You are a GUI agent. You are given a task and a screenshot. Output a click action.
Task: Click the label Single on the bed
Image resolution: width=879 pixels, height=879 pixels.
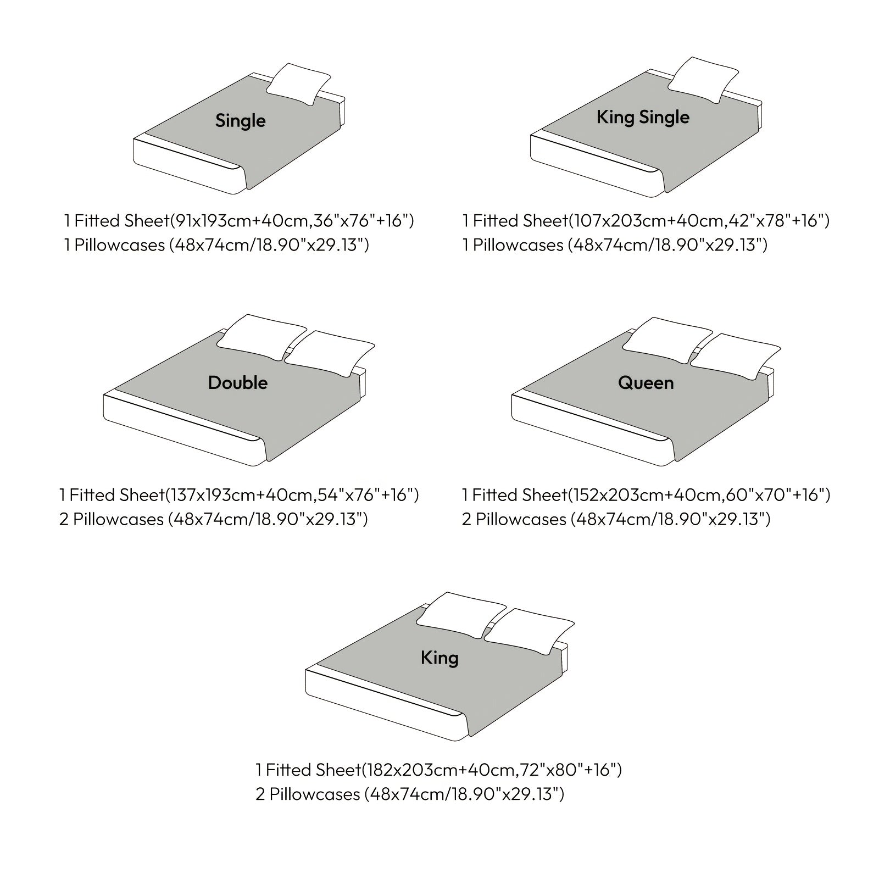240,120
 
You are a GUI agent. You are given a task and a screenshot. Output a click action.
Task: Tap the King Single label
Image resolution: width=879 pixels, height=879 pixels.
643,117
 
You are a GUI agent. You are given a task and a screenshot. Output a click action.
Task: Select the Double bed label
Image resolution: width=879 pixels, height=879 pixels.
238,382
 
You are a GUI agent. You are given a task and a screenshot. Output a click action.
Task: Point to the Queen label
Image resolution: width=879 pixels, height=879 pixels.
646,382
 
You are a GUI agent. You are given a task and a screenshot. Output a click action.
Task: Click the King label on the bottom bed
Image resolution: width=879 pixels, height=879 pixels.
439,658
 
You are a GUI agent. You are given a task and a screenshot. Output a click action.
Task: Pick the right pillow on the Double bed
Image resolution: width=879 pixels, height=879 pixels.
330,353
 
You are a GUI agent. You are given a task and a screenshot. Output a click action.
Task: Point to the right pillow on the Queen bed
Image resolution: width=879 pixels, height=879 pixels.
736,355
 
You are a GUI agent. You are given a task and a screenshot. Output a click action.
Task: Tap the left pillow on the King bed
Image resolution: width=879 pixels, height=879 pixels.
461,614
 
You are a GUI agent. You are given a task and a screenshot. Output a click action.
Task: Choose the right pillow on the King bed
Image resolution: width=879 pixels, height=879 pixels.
529,631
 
